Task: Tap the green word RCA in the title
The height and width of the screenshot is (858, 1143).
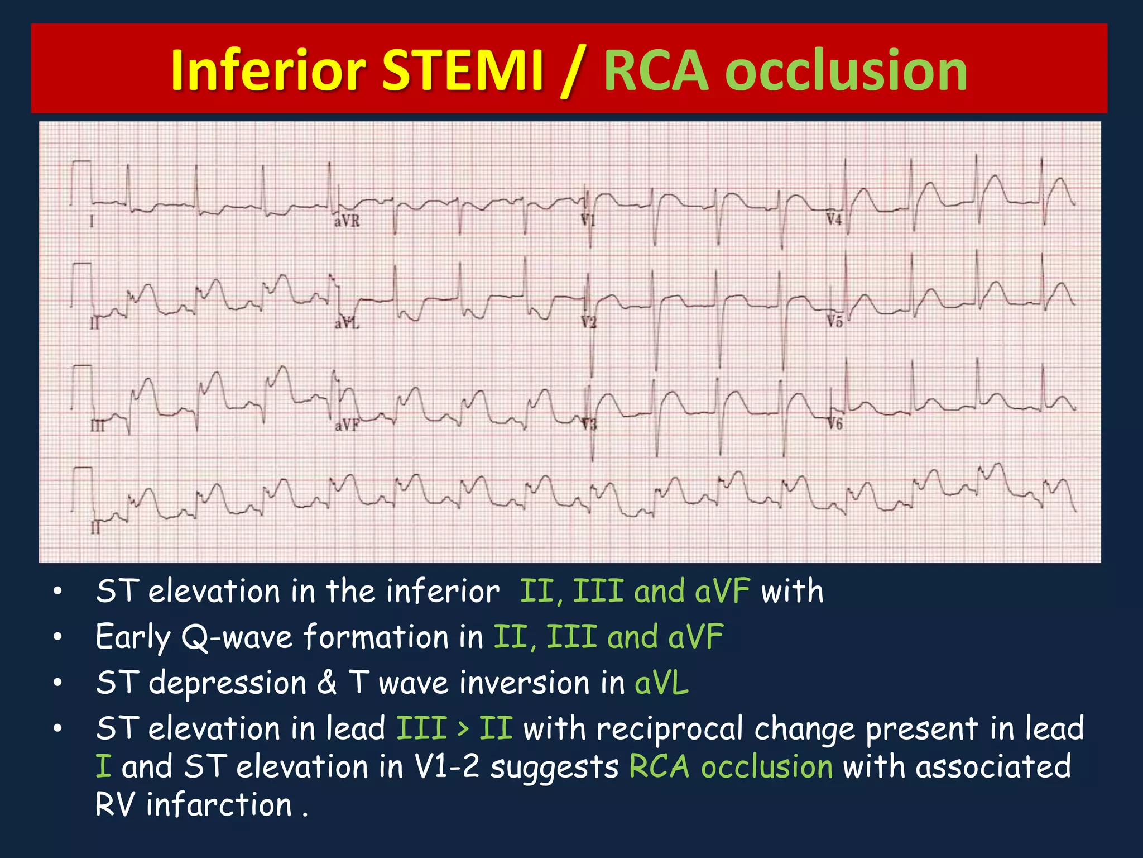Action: coord(656,70)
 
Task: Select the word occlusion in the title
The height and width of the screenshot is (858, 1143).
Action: coord(848,70)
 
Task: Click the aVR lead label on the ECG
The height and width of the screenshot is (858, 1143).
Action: coord(347,221)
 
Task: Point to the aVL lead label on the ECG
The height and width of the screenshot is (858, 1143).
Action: coord(347,322)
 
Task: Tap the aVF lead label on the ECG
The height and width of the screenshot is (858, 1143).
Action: coord(347,426)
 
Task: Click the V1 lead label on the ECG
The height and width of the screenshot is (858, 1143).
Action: coord(588,220)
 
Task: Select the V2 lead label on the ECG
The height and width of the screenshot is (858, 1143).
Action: coord(588,322)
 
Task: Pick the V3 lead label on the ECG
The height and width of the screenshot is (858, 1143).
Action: coord(589,425)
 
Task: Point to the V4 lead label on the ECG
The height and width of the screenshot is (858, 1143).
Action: coord(834,220)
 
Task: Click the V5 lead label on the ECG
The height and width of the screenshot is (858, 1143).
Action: coord(834,321)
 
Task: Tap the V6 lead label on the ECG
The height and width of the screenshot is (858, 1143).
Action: coord(834,424)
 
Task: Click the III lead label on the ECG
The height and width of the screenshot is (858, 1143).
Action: coord(97,426)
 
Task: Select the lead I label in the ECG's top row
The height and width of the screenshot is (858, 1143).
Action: coord(92,222)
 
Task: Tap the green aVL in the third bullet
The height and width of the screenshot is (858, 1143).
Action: coord(661,683)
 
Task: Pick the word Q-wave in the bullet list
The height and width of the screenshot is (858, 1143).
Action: coord(237,637)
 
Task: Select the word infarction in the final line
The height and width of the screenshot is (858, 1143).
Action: coord(219,805)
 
